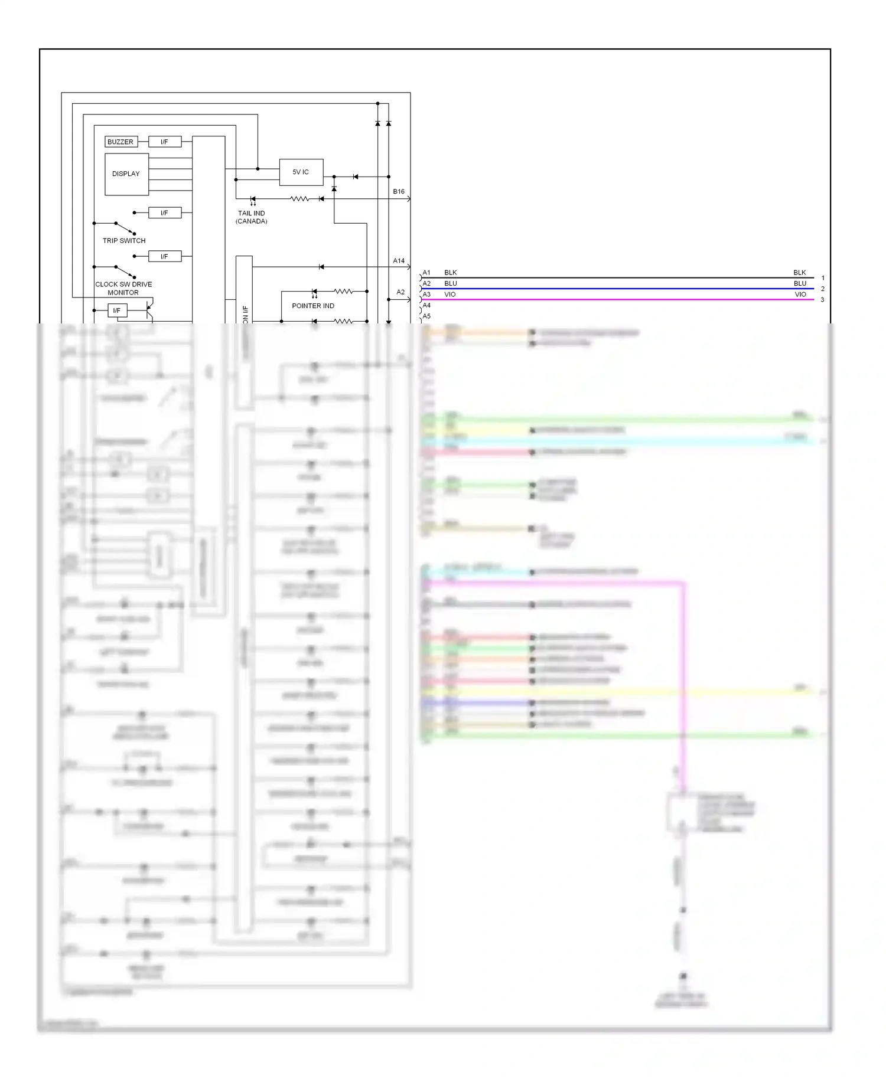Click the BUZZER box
(x=120, y=142)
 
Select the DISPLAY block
(x=126, y=174)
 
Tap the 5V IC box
(x=301, y=172)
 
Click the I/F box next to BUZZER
(x=164, y=142)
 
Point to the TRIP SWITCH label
(x=124, y=241)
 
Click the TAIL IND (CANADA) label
(x=252, y=217)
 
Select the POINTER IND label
(x=313, y=306)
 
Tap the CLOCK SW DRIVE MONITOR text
(x=123, y=288)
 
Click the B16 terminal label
(x=399, y=191)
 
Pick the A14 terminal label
(x=399, y=260)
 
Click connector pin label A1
(x=426, y=273)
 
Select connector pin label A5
(x=426, y=316)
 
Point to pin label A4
(x=426, y=305)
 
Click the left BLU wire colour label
(x=451, y=283)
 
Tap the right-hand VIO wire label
(x=800, y=295)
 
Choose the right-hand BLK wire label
(x=800, y=273)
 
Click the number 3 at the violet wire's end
(x=822, y=300)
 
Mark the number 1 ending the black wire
(x=823, y=278)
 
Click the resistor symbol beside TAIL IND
(x=299, y=199)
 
